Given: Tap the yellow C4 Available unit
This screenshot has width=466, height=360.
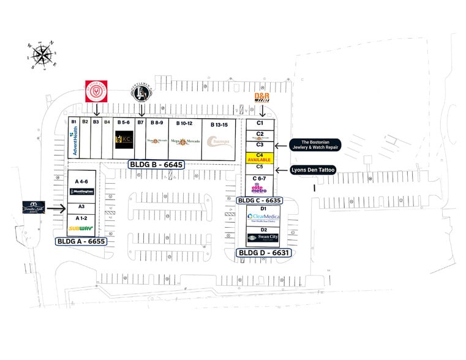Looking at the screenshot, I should (x=259, y=156).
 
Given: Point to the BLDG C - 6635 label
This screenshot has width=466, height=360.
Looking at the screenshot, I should (x=260, y=200).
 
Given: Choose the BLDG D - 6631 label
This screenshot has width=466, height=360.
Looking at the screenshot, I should (x=263, y=252).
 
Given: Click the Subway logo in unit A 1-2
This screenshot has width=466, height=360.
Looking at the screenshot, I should (x=80, y=228).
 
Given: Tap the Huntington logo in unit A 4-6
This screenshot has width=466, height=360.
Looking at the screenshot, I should (x=81, y=192).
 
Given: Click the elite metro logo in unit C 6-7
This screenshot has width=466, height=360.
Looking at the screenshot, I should (x=259, y=188).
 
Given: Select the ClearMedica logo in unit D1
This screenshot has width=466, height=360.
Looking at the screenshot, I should (x=263, y=217).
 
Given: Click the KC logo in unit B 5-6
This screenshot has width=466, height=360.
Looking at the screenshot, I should (x=124, y=141).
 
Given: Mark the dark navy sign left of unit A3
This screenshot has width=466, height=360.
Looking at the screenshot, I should (x=36, y=208).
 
